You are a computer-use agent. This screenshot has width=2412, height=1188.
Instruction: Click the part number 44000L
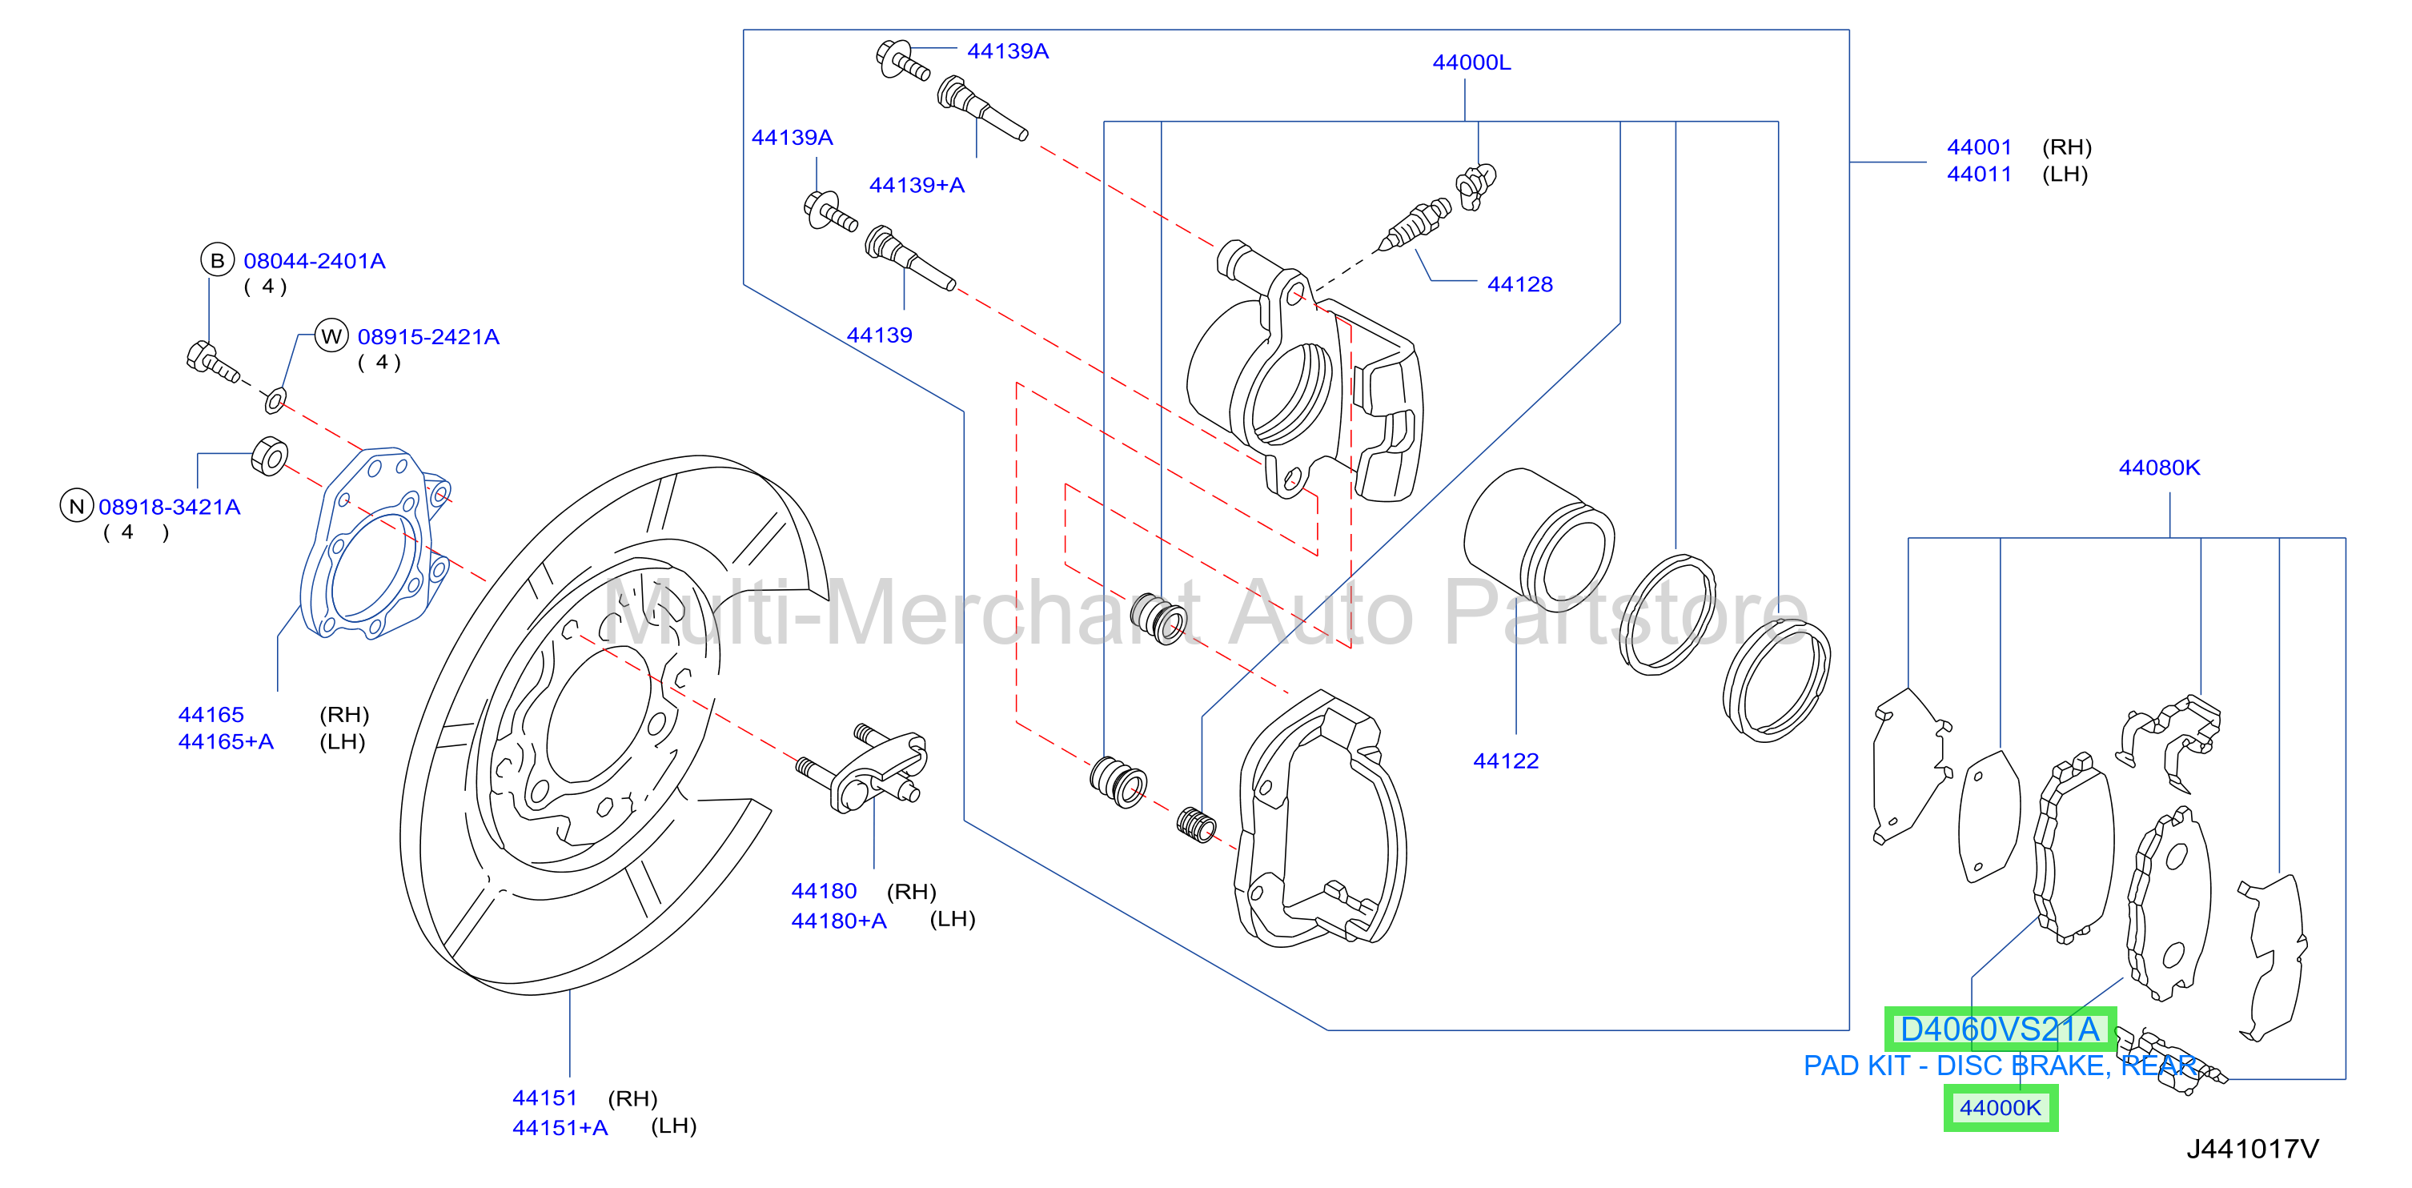pyautogui.click(x=1471, y=62)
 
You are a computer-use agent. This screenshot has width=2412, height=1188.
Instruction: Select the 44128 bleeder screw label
pyautogui.click(x=1519, y=285)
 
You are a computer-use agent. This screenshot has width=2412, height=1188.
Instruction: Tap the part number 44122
pyautogui.click(x=1506, y=761)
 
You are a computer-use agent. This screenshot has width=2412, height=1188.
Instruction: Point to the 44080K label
pyautogui.click(x=2159, y=468)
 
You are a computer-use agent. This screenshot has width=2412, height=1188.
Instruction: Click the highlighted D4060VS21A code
pyautogui.click(x=2000, y=1029)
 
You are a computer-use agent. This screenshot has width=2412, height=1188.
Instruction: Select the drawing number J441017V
pyautogui.click(x=2253, y=1150)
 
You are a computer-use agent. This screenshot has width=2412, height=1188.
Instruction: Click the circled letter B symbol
pyautogui.click(x=217, y=260)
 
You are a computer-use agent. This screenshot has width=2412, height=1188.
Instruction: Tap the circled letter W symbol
pyautogui.click(x=331, y=336)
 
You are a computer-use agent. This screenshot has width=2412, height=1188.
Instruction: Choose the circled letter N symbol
pyautogui.click(x=77, y=507)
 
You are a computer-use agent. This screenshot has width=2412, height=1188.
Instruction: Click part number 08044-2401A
pyautogui.click(x=315, y=261)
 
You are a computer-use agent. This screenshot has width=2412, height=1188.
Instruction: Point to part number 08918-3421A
pyautogui.click(x=170, y=508)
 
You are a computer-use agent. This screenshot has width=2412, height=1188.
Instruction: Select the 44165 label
pyautogui.click(x=211, y=715)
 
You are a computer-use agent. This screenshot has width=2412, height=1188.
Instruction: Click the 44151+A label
pyautogui.click(x=560, y=1128)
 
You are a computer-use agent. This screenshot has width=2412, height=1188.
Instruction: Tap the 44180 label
pyautogui.click(x=824, y=891)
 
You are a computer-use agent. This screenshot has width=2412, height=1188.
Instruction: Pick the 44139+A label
pyautogui.click(x=917, y=186)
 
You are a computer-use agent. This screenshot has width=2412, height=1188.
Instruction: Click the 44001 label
pyautogui.click(x=1980, y=147)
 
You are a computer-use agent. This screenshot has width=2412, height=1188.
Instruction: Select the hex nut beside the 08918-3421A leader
pyautogui.click(x=270, y=457)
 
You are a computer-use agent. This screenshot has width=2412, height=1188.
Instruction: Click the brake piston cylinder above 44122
pyautogui.click(x=1539, y=540)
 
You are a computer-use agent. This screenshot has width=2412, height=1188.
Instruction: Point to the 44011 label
pyautogui.click(x=1980, y=175)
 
